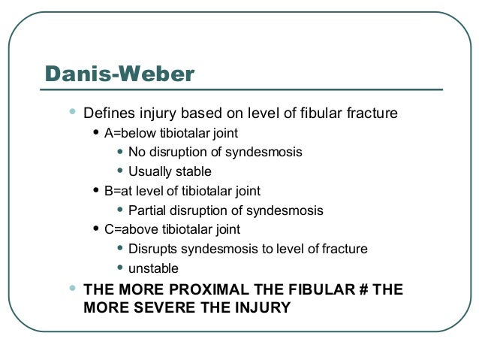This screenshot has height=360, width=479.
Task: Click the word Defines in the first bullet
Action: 105,114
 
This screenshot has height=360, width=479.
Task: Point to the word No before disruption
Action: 137,153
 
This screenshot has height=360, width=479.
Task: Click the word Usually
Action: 149,172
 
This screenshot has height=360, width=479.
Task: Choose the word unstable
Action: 153,268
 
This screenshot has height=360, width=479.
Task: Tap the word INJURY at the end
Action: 258,307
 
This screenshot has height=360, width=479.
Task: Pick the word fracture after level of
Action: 343,249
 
